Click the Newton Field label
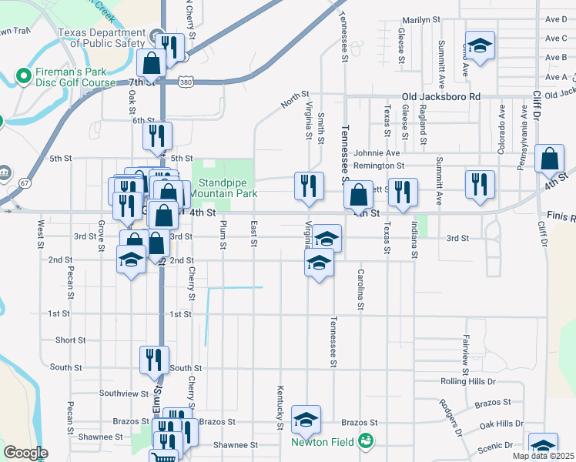coord(322,441)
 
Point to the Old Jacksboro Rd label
coord(441,97)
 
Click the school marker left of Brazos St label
coord(306,420)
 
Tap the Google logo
coord(25,453)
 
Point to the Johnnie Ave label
coord(377,153)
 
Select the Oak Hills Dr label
coord(501,424)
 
